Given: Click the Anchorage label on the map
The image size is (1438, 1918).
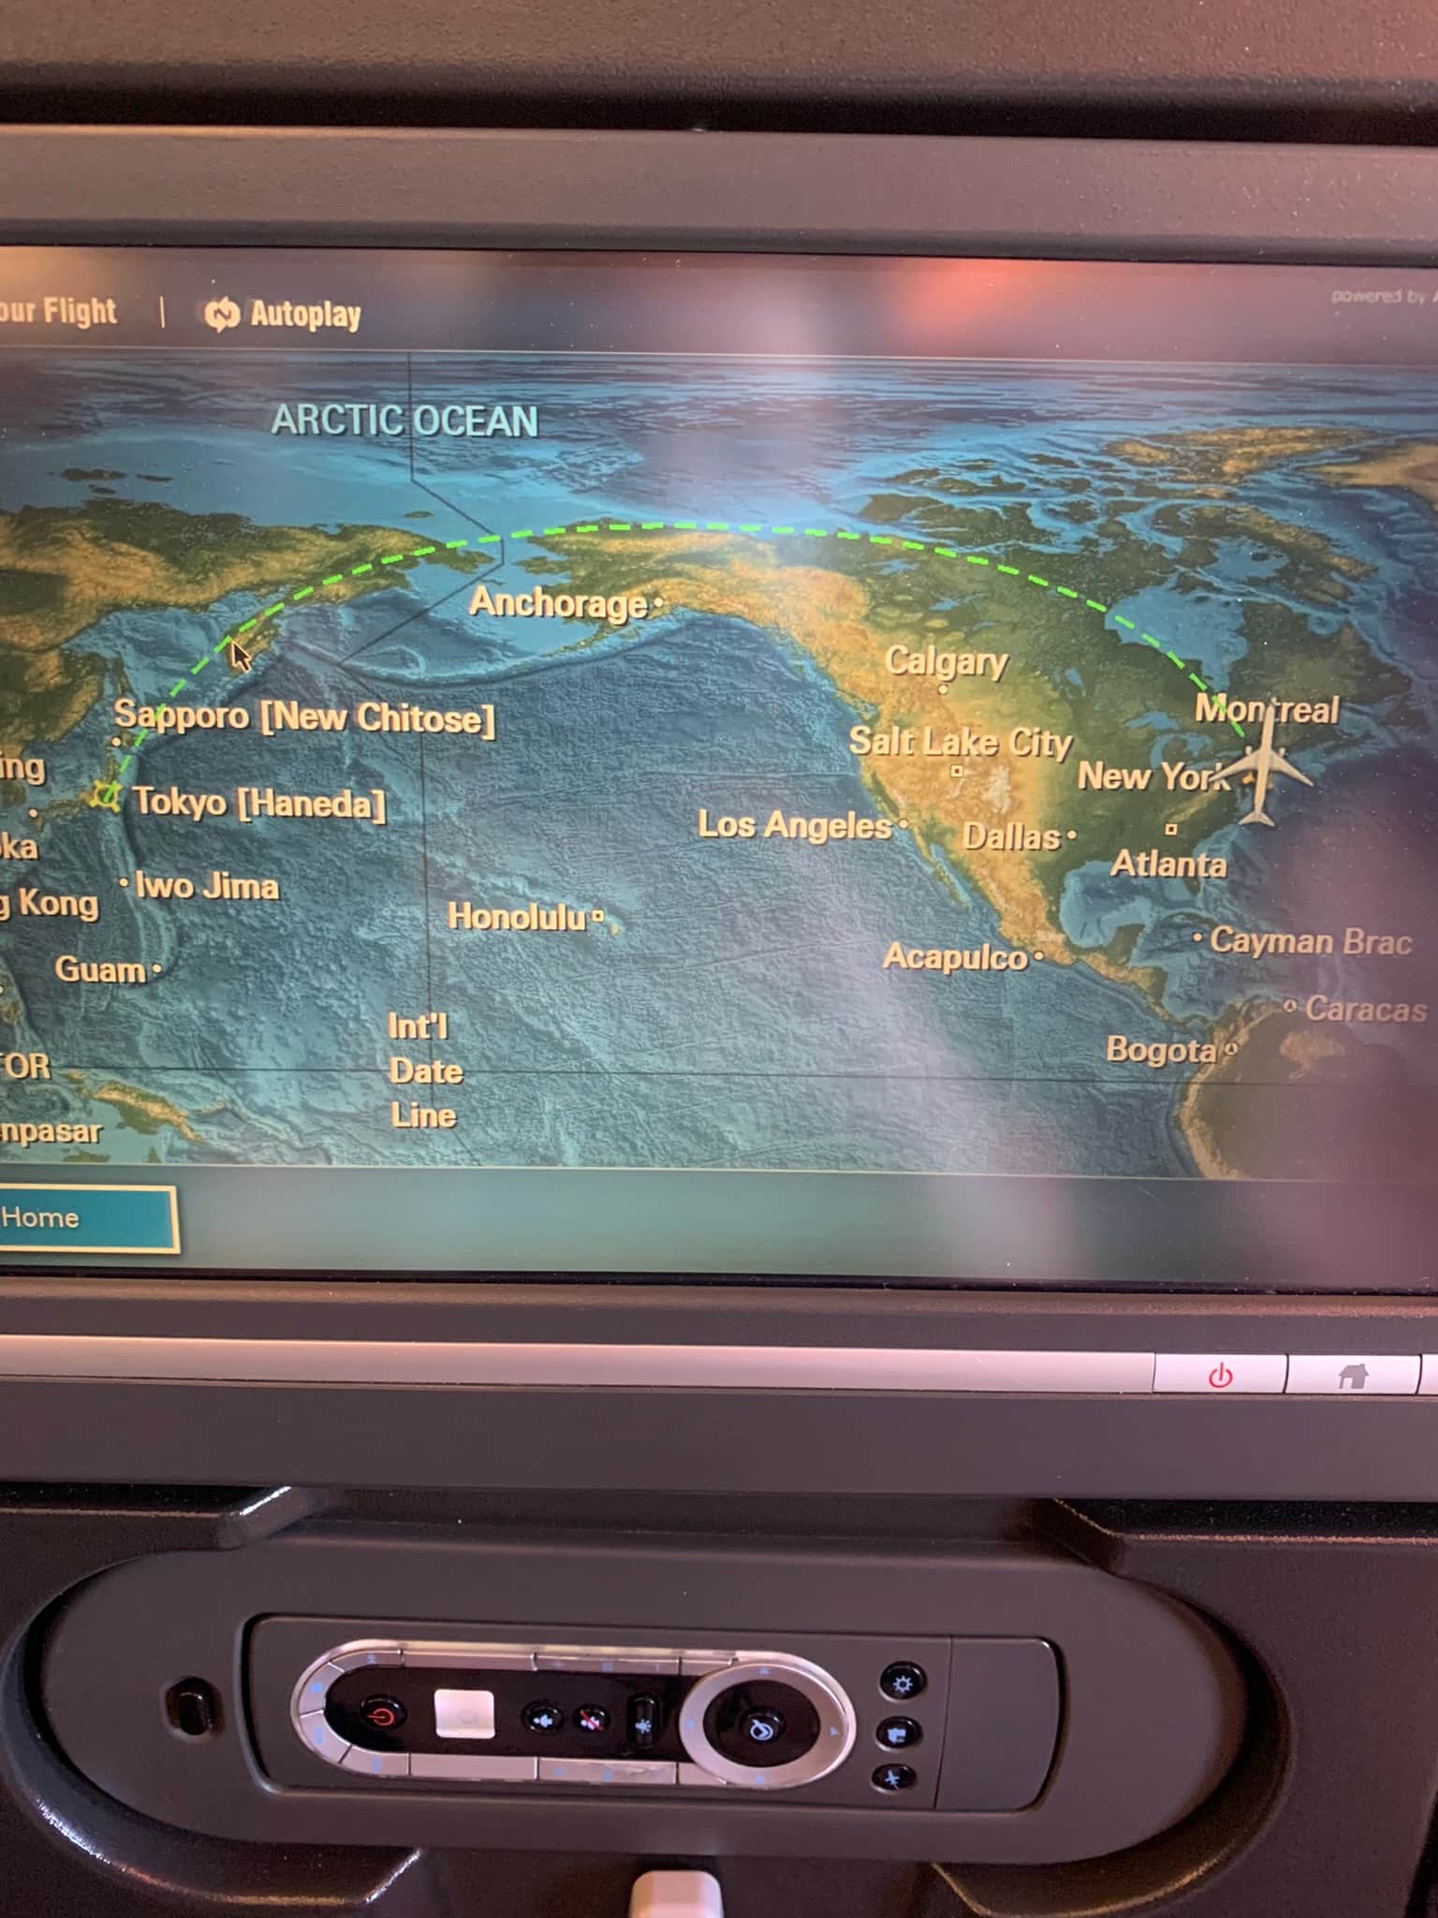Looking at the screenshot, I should tap(558, 603).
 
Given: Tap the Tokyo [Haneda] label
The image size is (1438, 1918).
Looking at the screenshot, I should tap(258, 803).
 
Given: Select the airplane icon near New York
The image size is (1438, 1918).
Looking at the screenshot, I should tap(1264, 772).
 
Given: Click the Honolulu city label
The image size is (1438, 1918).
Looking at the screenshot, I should tap(517, 917).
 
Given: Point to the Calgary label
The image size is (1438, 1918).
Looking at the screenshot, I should tap(946, 662).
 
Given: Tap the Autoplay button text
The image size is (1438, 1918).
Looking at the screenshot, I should tap(304, 316).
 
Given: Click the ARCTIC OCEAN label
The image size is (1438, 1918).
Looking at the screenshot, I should tap(404, 421).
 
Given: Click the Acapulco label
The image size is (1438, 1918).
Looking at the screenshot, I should tap(955, 957).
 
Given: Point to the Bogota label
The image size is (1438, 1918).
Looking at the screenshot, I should tap(1161, 1050).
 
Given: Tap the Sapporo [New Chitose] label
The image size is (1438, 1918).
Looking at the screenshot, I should tap(304, 717).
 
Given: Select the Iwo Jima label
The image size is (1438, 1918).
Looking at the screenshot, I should tap(207, 886).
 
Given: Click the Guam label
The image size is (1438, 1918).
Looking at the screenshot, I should tap(100, 969).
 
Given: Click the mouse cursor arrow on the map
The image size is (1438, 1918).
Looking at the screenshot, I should tap(240, 655).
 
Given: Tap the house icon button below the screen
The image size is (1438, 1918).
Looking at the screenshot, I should tap(1352, 1376).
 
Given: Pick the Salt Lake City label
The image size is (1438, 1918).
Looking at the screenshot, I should tap(960, 743).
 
